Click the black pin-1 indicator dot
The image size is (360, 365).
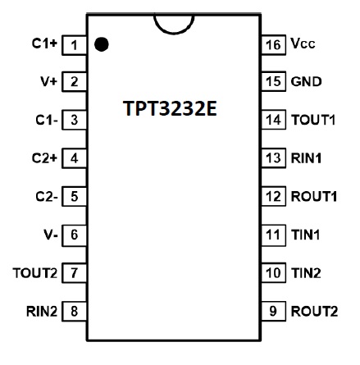(x=102, y=44)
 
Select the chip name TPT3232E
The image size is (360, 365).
(x=170, y=108)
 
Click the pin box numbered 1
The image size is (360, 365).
(x=74, y=45)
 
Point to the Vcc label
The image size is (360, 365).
(x=303, y=43)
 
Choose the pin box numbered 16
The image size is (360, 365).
(x=274, y=45)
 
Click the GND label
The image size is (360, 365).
(x=306, y=81)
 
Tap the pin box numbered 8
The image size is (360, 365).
(x=74, y=311)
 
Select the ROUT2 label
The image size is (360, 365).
(x=314, y=311)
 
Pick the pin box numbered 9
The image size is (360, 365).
(x=274, y=311)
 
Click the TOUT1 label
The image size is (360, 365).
(x=313, y=120)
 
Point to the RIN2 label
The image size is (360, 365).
(x=42, y=311)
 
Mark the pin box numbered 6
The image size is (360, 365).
(x=74, y=235)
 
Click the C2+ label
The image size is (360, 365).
(x=44, y=158)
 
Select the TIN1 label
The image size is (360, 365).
(x=305, y=235)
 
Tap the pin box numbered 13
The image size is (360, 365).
(x=274, y=158)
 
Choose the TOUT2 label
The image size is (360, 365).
(x=35, y=273)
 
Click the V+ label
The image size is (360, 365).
(x=49, y=81)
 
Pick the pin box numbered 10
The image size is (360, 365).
(x=274, y=273)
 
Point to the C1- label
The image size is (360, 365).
(x=47, y=120)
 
